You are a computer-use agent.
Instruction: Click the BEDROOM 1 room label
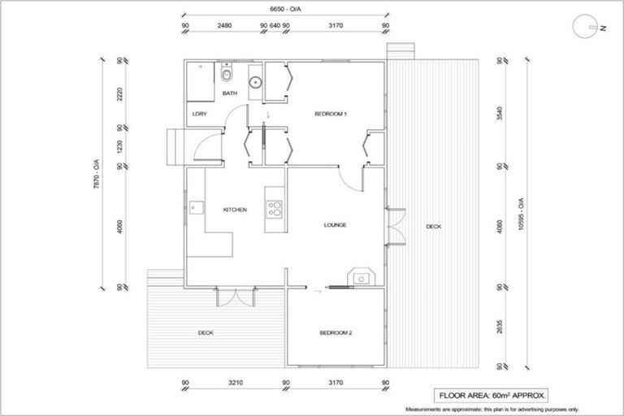(x=331, y=115)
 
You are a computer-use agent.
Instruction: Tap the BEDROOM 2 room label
(x=336, y=333)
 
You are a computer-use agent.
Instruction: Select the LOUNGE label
(x=335, y=225)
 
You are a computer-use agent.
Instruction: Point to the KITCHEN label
(x=235, y=210)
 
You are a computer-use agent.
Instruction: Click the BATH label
(x=230, y=94)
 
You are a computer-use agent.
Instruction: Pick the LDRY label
(x=199, y=115)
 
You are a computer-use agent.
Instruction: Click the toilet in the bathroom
(x=227, y=76)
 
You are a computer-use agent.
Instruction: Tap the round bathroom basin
(x=255, y=81)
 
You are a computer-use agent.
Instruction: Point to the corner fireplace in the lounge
(x=359, y=278)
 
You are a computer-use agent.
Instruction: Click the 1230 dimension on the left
(x=119, y=147)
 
